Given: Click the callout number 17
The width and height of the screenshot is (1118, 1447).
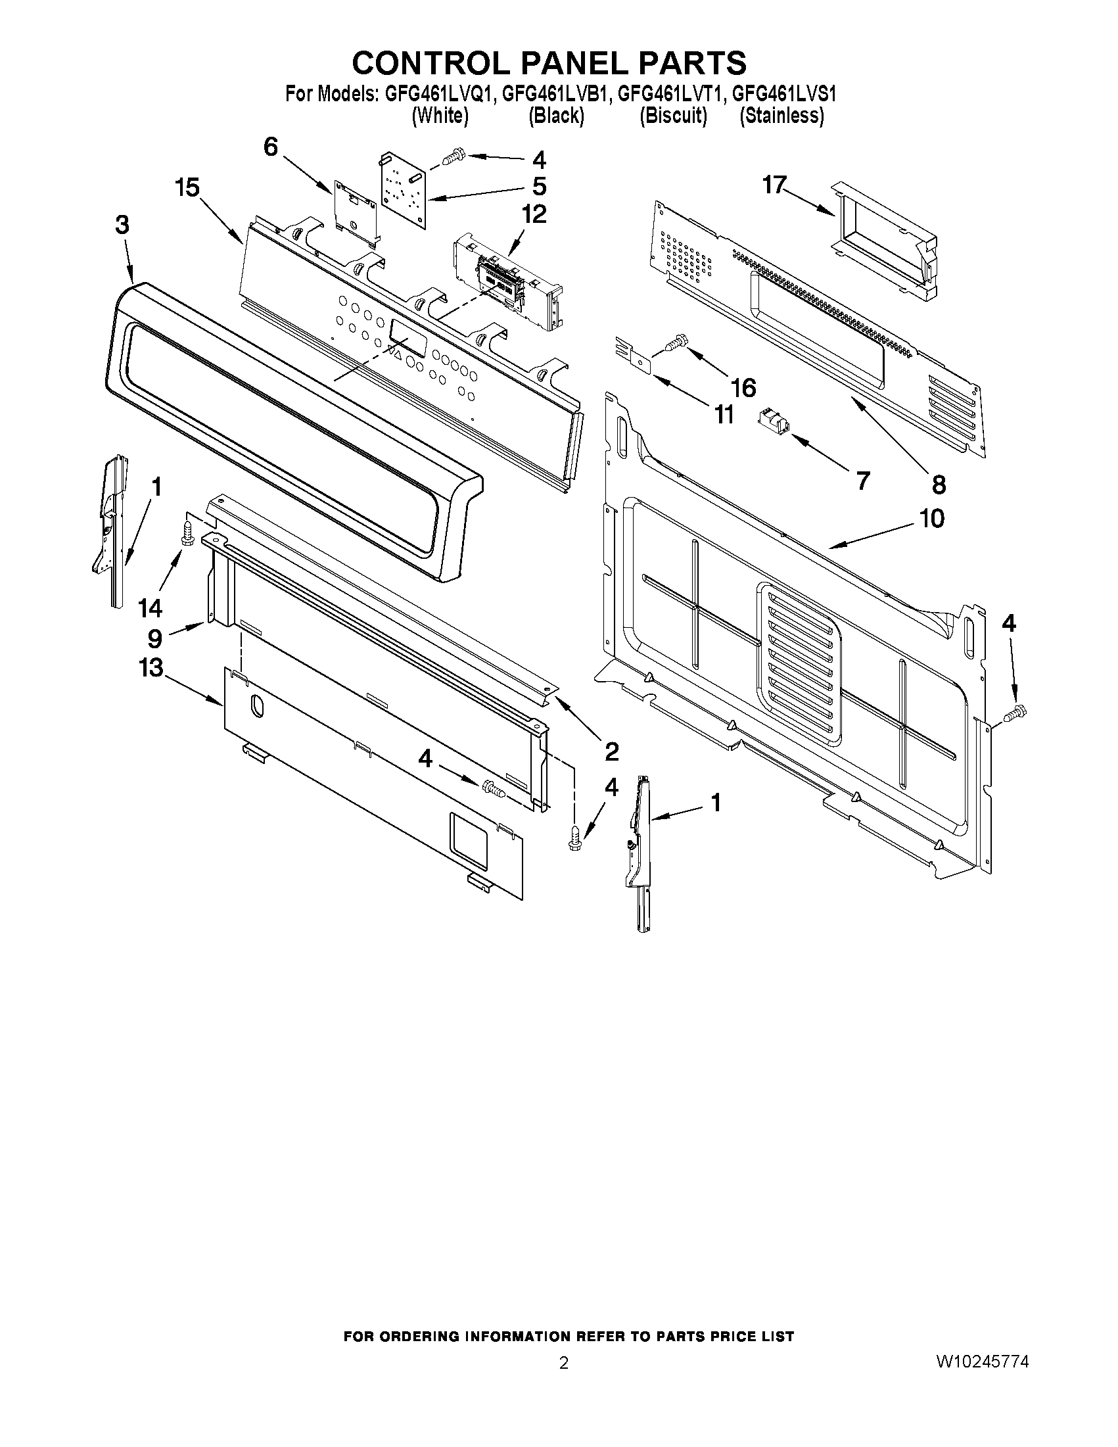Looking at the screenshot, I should (x=774, y=185).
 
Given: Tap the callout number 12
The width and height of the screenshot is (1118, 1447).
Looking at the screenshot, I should (x=534, y=214).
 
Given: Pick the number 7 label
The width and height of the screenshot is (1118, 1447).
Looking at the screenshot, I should (x=862, y=481).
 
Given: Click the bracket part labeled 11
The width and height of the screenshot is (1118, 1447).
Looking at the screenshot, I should (x=634, y=354).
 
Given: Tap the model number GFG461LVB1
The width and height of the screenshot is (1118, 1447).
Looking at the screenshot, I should (x=554, y=94).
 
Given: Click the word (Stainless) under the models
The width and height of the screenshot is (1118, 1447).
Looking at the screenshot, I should (x=781, y=116).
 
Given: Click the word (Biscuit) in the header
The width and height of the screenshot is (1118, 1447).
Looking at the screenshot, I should (x=673, y=116).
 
